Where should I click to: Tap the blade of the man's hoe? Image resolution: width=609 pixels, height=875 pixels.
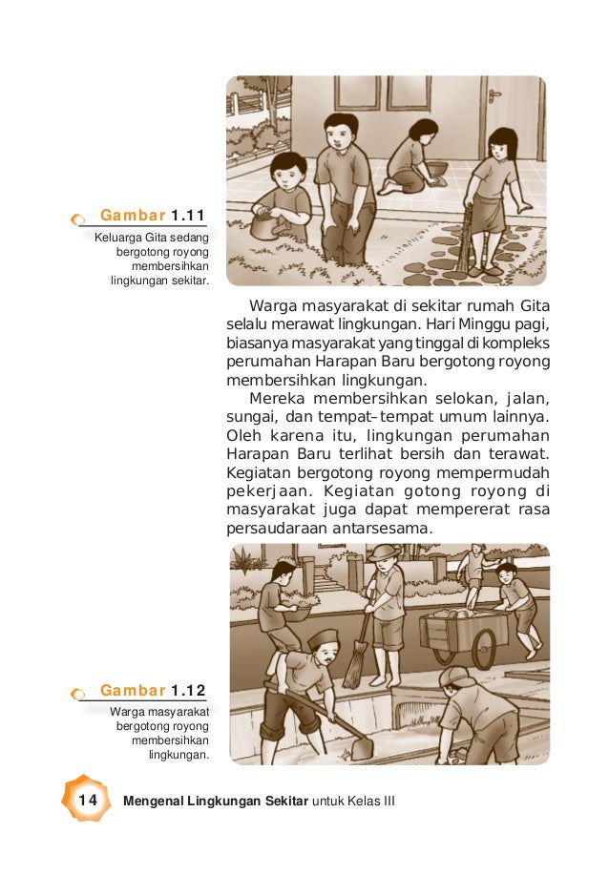point(362,747)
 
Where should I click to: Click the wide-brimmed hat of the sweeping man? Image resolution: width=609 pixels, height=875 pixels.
point(385,552)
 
